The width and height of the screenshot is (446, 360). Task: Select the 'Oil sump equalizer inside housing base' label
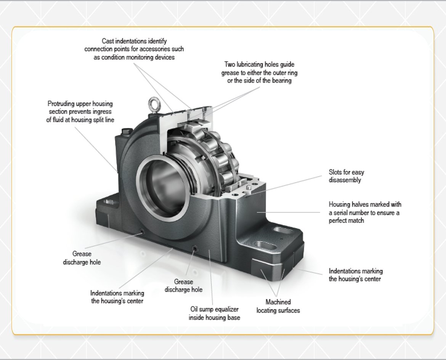click(x=214, y=313)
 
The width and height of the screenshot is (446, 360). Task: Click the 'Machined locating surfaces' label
click(x=278, y=306)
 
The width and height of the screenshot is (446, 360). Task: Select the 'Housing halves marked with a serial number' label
click(x=365, y=213)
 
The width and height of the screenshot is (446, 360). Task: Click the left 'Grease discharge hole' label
click(x=82, y=258)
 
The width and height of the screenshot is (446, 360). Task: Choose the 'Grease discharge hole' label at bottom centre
click(x=183, y=286)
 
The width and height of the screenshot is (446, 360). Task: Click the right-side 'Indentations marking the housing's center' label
click(x=355, y=275)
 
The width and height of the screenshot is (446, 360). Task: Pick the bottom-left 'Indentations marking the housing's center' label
click(x=117, y=297)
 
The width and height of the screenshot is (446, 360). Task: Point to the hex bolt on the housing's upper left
click(x=126, y=132)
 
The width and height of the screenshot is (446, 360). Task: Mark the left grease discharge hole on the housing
click(x=141, y=231)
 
